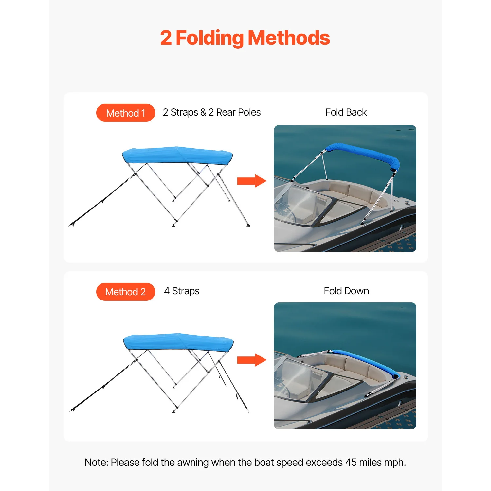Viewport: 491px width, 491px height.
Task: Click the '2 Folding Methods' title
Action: click(x=245, y=38)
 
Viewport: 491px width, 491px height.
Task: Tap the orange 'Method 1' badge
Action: click(x=125, y=113)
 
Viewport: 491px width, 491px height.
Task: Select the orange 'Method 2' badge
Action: click(x=125, y=292)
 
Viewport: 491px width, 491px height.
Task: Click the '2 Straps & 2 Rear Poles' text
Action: click(x=211, y=112)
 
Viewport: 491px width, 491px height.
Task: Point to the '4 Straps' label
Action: click(x=182, y=291)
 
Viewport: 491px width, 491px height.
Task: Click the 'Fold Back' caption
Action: click(x=346, y=112)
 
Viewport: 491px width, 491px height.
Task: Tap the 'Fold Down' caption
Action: click(x=346, y=291)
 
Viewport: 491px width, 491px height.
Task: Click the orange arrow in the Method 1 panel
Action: click(x=252, y=181)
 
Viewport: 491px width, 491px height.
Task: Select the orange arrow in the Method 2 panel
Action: click(x=252, y=360)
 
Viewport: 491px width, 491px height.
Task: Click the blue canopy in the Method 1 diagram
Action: click(x=177, y=155)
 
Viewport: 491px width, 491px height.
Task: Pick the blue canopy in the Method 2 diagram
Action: click(x=178, y=342)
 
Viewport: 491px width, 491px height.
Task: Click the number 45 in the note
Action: click(x=351, y=462)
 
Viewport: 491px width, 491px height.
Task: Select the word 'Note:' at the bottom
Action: click(x=96, y=462)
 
